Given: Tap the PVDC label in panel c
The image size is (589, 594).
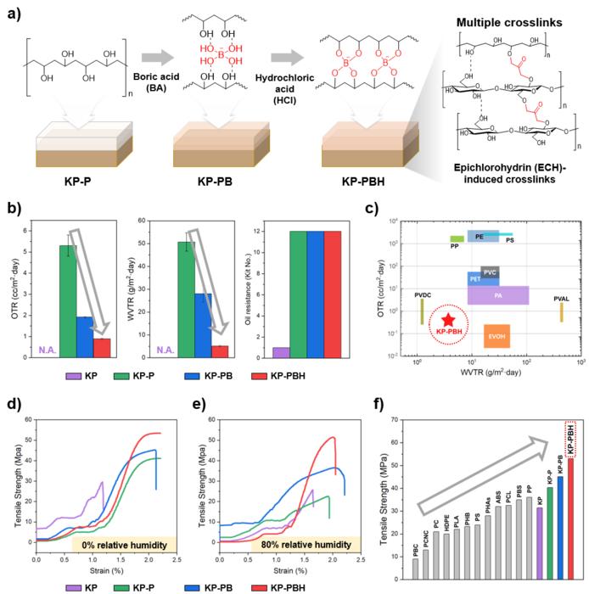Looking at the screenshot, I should tap(423, 294).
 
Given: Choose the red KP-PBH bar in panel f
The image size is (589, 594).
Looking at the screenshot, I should tap(569, 509).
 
